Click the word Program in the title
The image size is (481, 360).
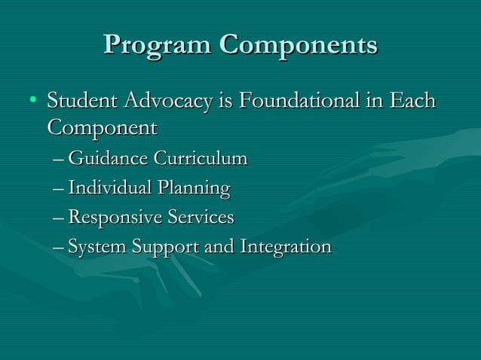[157, 44]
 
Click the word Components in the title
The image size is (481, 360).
[299, 44]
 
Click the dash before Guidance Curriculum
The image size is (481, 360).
[60, 160]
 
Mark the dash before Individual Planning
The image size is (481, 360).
[60, 189]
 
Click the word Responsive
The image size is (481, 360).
[115, 218]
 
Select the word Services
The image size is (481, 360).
[201, 218]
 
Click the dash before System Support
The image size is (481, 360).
[60, 248]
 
